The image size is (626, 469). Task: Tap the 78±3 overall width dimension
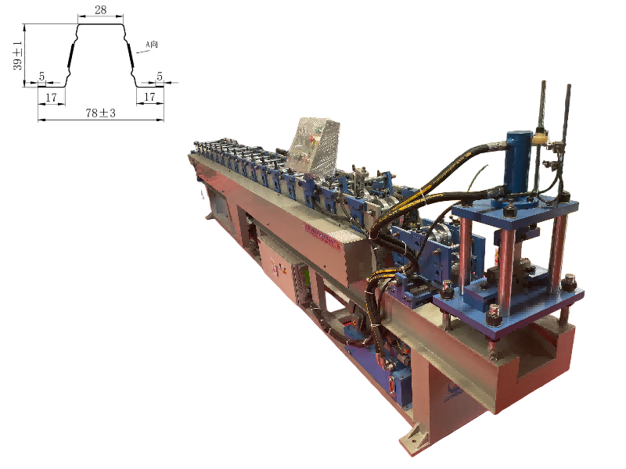pyautogui.click(x=101, y=113)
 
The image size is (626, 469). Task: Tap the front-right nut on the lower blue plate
pyautogui.click(x=568, y=281)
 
